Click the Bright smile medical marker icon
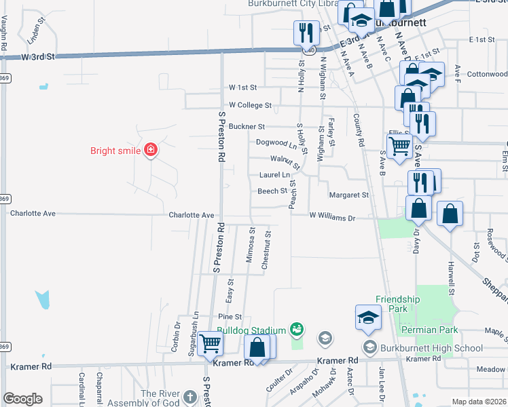[x=150, y=151]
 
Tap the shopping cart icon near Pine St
[x=211, y=345]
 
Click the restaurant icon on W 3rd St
[x=304, y=33]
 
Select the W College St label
[x=250, y=105]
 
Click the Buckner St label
[x=246, y=126]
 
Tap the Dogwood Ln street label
[x=276, y=142]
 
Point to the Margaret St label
[x=348, y=195]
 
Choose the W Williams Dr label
[x=332, y=217]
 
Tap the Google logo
[x=22, y=399]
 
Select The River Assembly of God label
[x=160, y=398]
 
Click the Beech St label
[x=272, y=191]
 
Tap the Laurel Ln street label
[x=274, y=175]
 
